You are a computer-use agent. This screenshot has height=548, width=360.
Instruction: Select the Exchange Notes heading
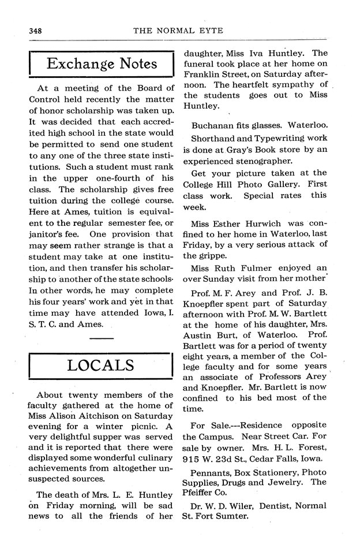[x=102, y=64]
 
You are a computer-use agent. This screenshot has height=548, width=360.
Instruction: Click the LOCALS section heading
[x=101, y=365]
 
